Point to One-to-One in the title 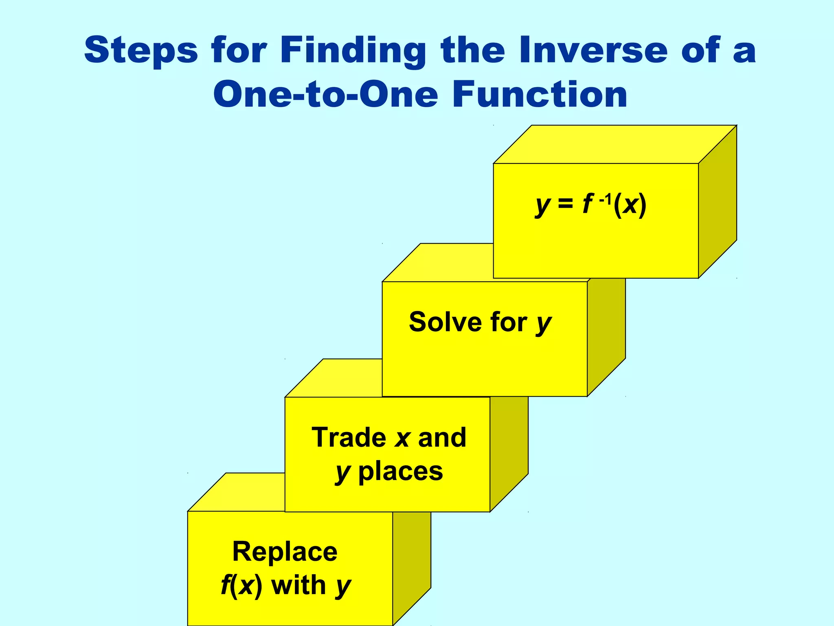coord(325,94)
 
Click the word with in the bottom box coord(298,585)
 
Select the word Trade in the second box coord(349,437)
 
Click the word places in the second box coord(400,472)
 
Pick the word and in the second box coord(442,437)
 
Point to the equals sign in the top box coord(565,204)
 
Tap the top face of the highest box coord(615,144)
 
